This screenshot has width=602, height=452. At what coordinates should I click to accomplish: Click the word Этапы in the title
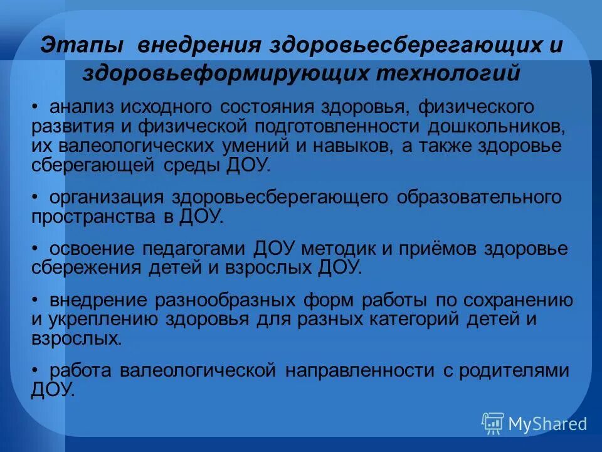pos(82,46)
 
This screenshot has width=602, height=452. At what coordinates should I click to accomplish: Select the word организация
pos(107,197)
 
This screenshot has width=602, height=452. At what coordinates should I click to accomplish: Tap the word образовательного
pos(478,197)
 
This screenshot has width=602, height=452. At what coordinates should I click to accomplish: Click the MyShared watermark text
pos(547,424)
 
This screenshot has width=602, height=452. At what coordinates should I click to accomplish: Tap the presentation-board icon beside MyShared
pos(493,424)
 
